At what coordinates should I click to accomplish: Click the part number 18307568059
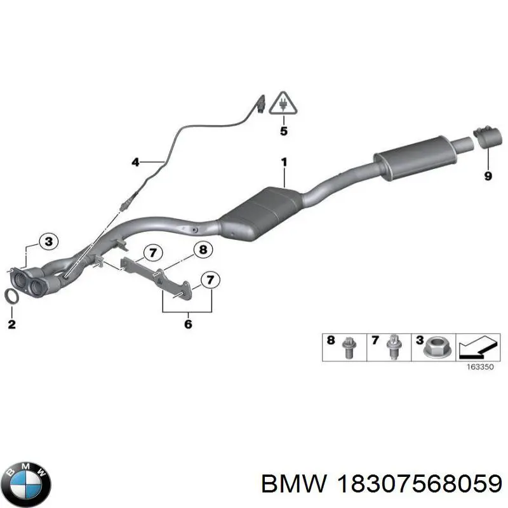419,485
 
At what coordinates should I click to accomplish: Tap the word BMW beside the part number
293,485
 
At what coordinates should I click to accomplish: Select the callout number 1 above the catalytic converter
284,162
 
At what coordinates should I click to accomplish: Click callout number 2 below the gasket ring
11,324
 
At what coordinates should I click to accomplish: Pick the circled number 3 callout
48,242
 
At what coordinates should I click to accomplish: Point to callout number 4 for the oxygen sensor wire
135,162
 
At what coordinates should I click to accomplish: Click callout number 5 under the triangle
283,131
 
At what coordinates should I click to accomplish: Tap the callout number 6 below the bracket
188,324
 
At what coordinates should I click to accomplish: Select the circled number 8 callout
203,250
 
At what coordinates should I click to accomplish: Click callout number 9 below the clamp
488,176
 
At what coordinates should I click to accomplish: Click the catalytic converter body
262,213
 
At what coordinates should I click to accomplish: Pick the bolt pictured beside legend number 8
348,347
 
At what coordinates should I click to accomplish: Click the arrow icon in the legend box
478,347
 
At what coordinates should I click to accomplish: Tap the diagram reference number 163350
480,367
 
